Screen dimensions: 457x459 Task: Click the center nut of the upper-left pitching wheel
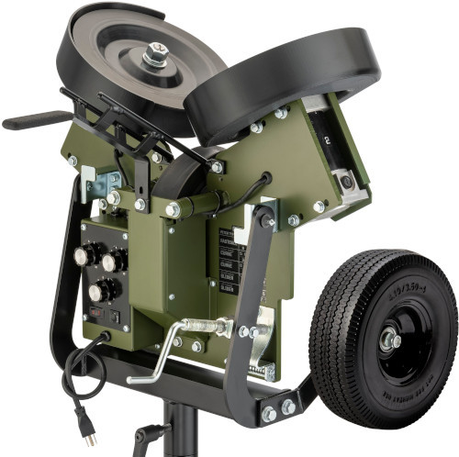click(155, 56)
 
